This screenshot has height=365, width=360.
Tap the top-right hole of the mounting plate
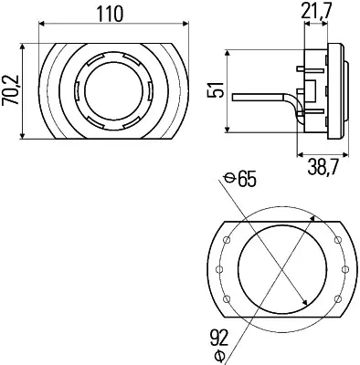pyautogui.click(x=336, y=240)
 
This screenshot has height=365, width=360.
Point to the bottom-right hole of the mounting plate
pyautogui.click(x=336, y=299)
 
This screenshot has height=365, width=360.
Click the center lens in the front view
pyautogui.click(x=111, y=92)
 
